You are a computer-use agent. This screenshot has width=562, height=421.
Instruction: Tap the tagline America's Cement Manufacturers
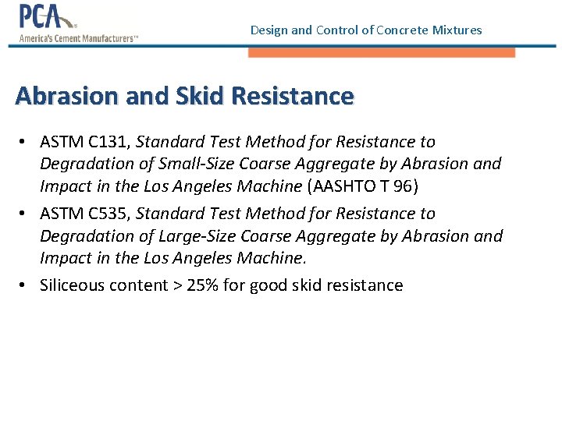pos(78,38)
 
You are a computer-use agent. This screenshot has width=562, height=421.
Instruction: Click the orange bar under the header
pos(382,52)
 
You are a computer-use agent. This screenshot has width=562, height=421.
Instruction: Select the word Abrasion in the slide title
pos(63,97)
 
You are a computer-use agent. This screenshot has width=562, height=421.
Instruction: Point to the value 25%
pos(203,285)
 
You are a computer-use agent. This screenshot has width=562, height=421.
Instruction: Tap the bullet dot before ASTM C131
pos(26,142)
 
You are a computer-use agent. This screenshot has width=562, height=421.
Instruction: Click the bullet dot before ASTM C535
pos(26,214)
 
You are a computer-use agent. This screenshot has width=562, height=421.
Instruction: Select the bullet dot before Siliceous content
pos(26,285)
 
